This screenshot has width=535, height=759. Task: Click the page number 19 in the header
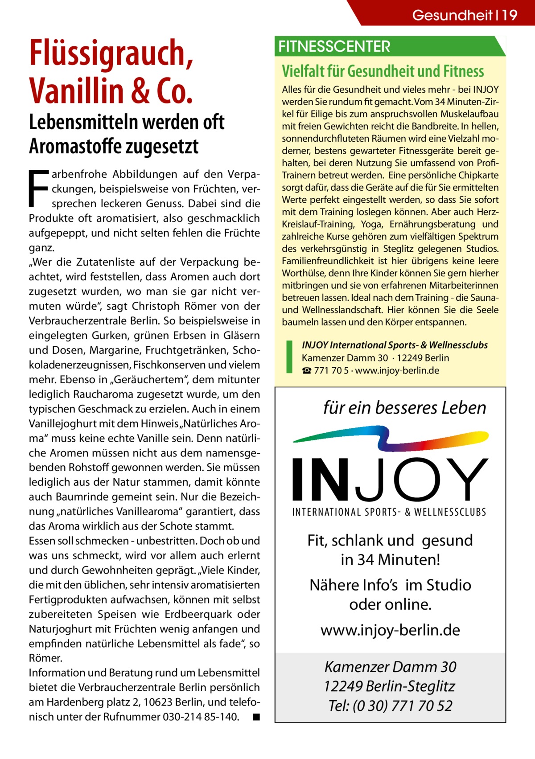(510, 15)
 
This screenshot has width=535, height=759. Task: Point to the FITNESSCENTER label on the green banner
(334, 46)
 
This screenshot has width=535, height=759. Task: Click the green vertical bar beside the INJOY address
(289, 357)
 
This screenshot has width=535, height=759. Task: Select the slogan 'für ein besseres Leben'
(404, 408)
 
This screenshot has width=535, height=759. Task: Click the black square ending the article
(255, 717)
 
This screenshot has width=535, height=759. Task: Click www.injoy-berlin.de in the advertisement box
(390, 630)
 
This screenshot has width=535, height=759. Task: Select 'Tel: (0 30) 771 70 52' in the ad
(390, 706)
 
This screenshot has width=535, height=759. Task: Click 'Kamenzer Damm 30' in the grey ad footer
(390, 667)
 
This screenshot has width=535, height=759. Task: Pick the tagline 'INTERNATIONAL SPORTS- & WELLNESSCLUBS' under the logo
(389, 512)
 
